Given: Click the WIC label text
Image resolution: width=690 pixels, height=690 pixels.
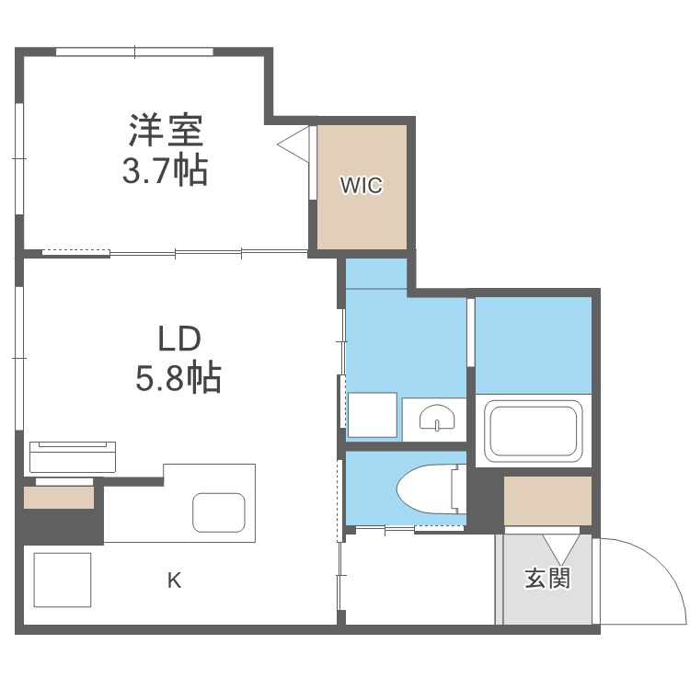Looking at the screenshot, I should pos(361,185).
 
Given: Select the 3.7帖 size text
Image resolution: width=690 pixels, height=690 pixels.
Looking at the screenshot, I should pos(165,170).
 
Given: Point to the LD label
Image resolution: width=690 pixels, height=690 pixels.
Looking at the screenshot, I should pos(178,339).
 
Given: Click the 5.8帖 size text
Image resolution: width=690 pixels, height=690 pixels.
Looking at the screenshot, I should pos(178,377).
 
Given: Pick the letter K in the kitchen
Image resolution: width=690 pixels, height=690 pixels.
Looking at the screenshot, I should pos(173,580).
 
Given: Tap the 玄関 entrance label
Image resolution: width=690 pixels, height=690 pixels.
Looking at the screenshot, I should pos(547,578).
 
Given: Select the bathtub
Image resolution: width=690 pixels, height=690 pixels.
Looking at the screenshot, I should pos(534,431).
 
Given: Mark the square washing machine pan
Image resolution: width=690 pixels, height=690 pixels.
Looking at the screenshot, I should pos(372,415).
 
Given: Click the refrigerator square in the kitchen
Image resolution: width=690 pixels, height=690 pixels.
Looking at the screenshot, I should pos(63,580).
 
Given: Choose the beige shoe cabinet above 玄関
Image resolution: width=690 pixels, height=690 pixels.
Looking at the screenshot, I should pos(547,500).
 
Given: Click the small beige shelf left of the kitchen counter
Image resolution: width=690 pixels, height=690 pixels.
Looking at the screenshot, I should pos(59,498).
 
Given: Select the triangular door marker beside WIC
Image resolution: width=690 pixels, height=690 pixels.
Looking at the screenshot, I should pos(294,145).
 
